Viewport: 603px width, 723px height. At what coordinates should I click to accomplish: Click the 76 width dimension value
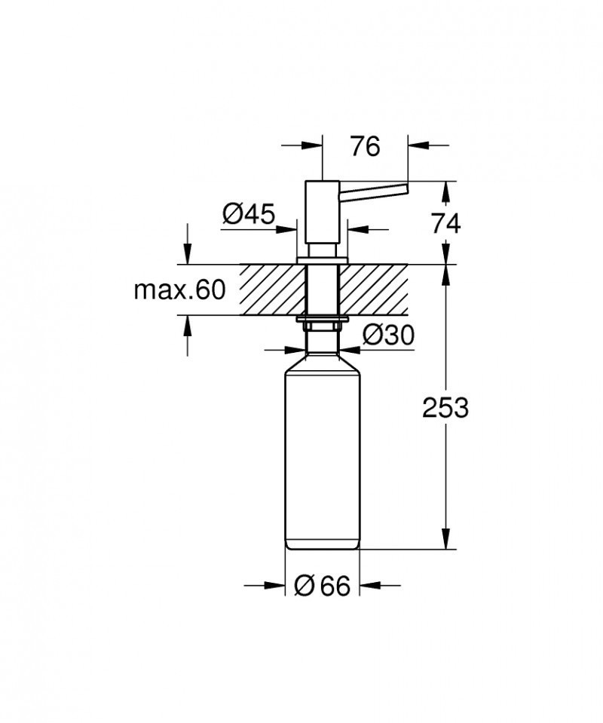click(x=365, y=147)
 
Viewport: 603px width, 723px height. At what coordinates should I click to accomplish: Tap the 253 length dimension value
click(x=445, y=408)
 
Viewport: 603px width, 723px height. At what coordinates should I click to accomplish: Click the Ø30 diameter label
click(x=387, y=335)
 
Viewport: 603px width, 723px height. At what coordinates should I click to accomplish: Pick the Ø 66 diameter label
click(x=323, y=585)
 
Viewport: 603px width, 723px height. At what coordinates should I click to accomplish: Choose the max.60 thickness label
click(x=179, y=290)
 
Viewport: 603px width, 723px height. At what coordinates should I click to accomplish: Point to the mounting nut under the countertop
click(x=322, y=323)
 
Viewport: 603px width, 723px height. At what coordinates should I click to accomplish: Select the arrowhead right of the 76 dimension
click(x=418, y=143)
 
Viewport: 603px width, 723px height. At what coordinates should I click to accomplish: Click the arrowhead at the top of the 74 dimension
click(x=448, y=190)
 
